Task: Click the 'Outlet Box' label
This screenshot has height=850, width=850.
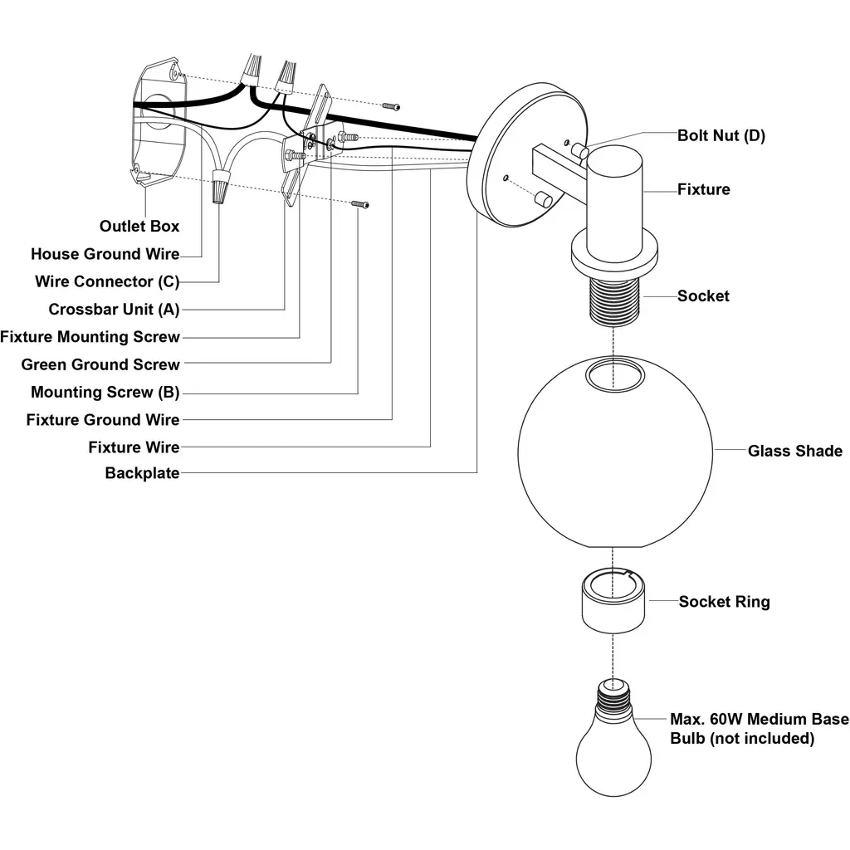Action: click(x=139, y=226)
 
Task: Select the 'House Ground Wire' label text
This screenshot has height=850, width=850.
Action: click(x=105, y=254)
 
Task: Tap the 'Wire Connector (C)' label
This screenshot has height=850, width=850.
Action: click(x=107, y=282)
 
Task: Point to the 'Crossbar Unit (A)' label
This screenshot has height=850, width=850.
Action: click(x=114, y=310)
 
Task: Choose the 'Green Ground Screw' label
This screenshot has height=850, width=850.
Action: click(x=100, y=364)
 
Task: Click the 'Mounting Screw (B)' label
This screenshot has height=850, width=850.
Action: click(x=105, y=392)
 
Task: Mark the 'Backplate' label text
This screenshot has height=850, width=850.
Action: click(x=142, y=472)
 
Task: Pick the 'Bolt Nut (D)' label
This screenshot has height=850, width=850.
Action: click(x=721, y=135)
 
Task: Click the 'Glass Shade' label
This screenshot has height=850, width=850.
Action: click(x=795, y=451)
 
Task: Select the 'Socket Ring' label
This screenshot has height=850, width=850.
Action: click(x=724, y=602)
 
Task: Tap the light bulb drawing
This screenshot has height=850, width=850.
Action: click(x=613, y=737)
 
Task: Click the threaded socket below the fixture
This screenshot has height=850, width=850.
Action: click(x=613, y=300)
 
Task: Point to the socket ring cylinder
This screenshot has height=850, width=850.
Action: click(x=613, y=601)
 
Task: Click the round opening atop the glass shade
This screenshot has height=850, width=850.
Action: click(x=615, y=376)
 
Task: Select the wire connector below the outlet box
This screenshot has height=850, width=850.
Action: click(x=218, y=185)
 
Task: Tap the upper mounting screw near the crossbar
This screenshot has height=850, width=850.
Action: click(x=391, y=106)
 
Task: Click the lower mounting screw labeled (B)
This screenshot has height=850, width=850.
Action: click(x=360, y=204)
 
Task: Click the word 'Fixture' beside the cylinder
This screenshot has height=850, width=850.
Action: click(x=704, y=189)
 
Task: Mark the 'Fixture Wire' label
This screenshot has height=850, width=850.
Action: click(x=134, y=447)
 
